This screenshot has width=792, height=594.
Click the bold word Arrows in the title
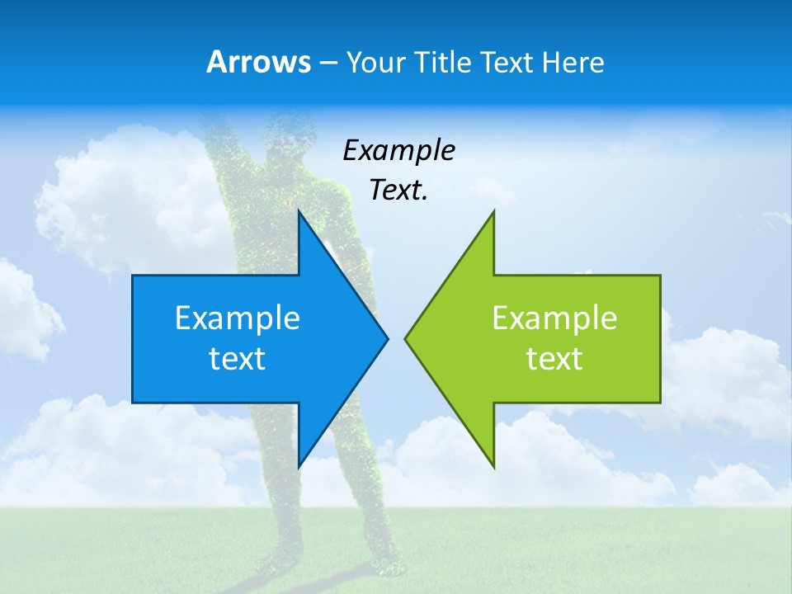[258, 62]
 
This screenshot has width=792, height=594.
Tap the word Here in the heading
[573, 62]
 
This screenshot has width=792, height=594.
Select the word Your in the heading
[375, 62]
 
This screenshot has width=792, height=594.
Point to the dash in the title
[327, 63]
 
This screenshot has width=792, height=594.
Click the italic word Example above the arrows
[399, 150]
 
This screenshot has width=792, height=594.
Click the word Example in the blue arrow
[238, 318]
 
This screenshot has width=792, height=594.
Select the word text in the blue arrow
[238, 358]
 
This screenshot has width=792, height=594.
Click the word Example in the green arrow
[554, 318]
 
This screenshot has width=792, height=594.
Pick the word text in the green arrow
[554, 358]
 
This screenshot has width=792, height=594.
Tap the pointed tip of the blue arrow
[387, 338]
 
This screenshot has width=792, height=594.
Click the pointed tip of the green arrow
[405, 338]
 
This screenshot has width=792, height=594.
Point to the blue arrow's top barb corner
[299, 211]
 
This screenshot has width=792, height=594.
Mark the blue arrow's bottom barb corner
[299, 467]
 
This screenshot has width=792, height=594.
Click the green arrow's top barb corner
[493, 211]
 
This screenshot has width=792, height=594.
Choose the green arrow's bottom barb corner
[493, 467]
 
